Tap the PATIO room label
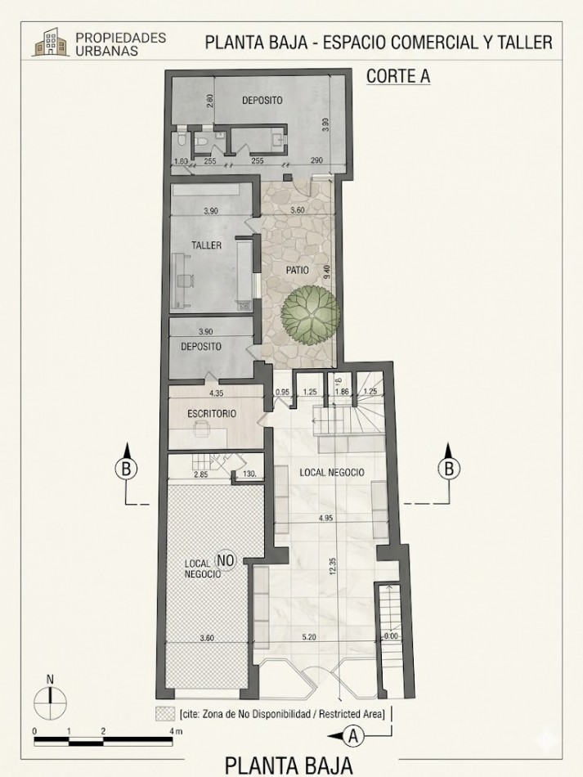coord(297,271)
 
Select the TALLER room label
coord(207,245)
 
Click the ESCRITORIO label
coord(212,413)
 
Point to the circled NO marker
coord(225,560)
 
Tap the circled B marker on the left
coord(126,469)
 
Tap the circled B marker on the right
coord(449,469)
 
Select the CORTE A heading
coord(398,76)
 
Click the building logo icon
coord(51,42)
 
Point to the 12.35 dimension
coord(332,566)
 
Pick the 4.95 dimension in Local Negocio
coord(326,519)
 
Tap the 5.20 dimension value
coord(308,637)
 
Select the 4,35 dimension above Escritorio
coord(216,393)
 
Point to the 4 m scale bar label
coord(175,731)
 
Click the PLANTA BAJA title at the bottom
coord(289,765)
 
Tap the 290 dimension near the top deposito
coord(316,160)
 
